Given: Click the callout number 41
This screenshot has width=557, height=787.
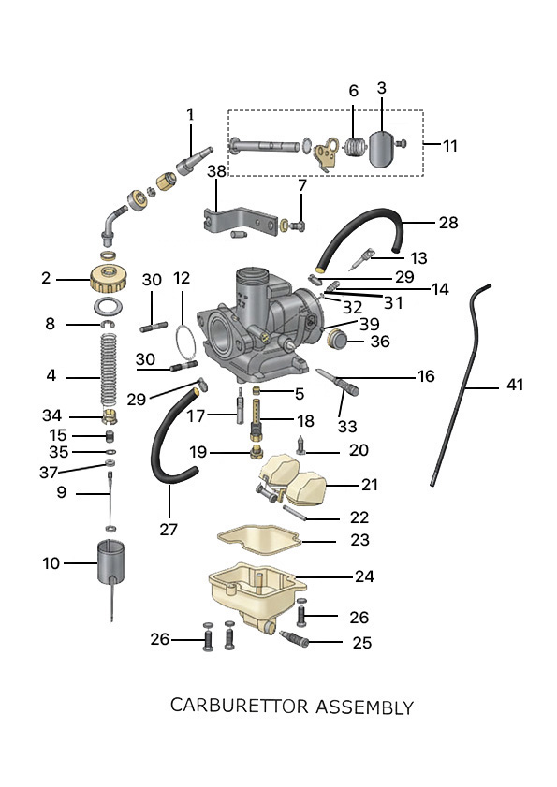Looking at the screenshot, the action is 515,385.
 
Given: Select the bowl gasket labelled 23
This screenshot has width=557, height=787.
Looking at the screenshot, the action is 259,541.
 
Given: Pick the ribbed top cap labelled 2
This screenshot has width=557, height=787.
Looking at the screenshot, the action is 108,280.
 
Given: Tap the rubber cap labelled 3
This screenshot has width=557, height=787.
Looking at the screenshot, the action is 383,149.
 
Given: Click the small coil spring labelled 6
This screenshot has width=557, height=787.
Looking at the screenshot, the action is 355,147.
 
